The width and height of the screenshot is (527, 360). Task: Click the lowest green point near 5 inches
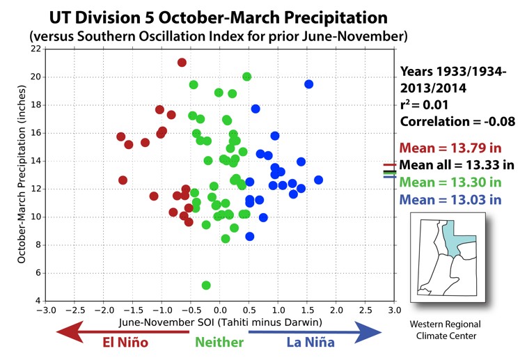click(206, 285)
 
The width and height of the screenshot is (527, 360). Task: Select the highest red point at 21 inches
click(182, 63)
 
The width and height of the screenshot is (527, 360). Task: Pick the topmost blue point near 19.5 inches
click(308, 84)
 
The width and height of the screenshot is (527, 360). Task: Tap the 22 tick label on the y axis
click(35, 49)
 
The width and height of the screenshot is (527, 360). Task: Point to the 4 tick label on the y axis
click(38, 301)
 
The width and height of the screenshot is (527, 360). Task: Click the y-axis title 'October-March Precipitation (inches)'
click(22, 174)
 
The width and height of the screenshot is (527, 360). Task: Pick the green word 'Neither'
click(219, 342)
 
